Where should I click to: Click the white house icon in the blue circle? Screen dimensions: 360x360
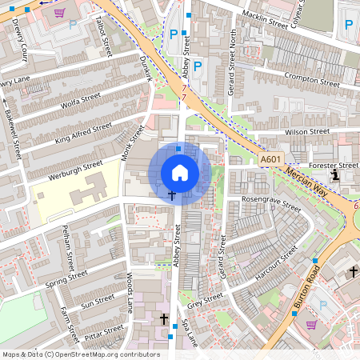(x=180, y=173)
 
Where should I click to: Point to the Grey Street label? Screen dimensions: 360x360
(x=204, y=300)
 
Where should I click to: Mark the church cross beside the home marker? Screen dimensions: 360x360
(x=171, y=195)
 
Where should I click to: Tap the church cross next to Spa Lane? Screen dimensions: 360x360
(x=164, y=319)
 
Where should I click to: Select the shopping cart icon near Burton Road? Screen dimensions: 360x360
(x=311, y=324)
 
